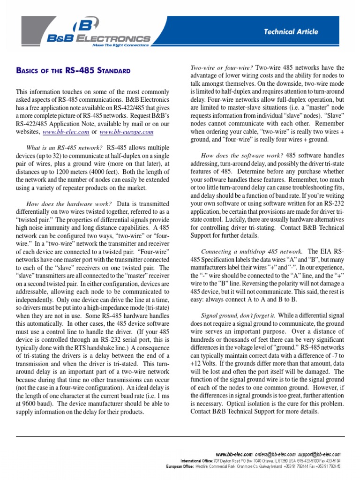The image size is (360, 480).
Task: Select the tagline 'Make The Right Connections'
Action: [120, 45]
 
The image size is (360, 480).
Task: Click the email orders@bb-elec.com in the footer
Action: [275, 455]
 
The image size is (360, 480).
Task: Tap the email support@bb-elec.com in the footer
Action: [320, 455]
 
